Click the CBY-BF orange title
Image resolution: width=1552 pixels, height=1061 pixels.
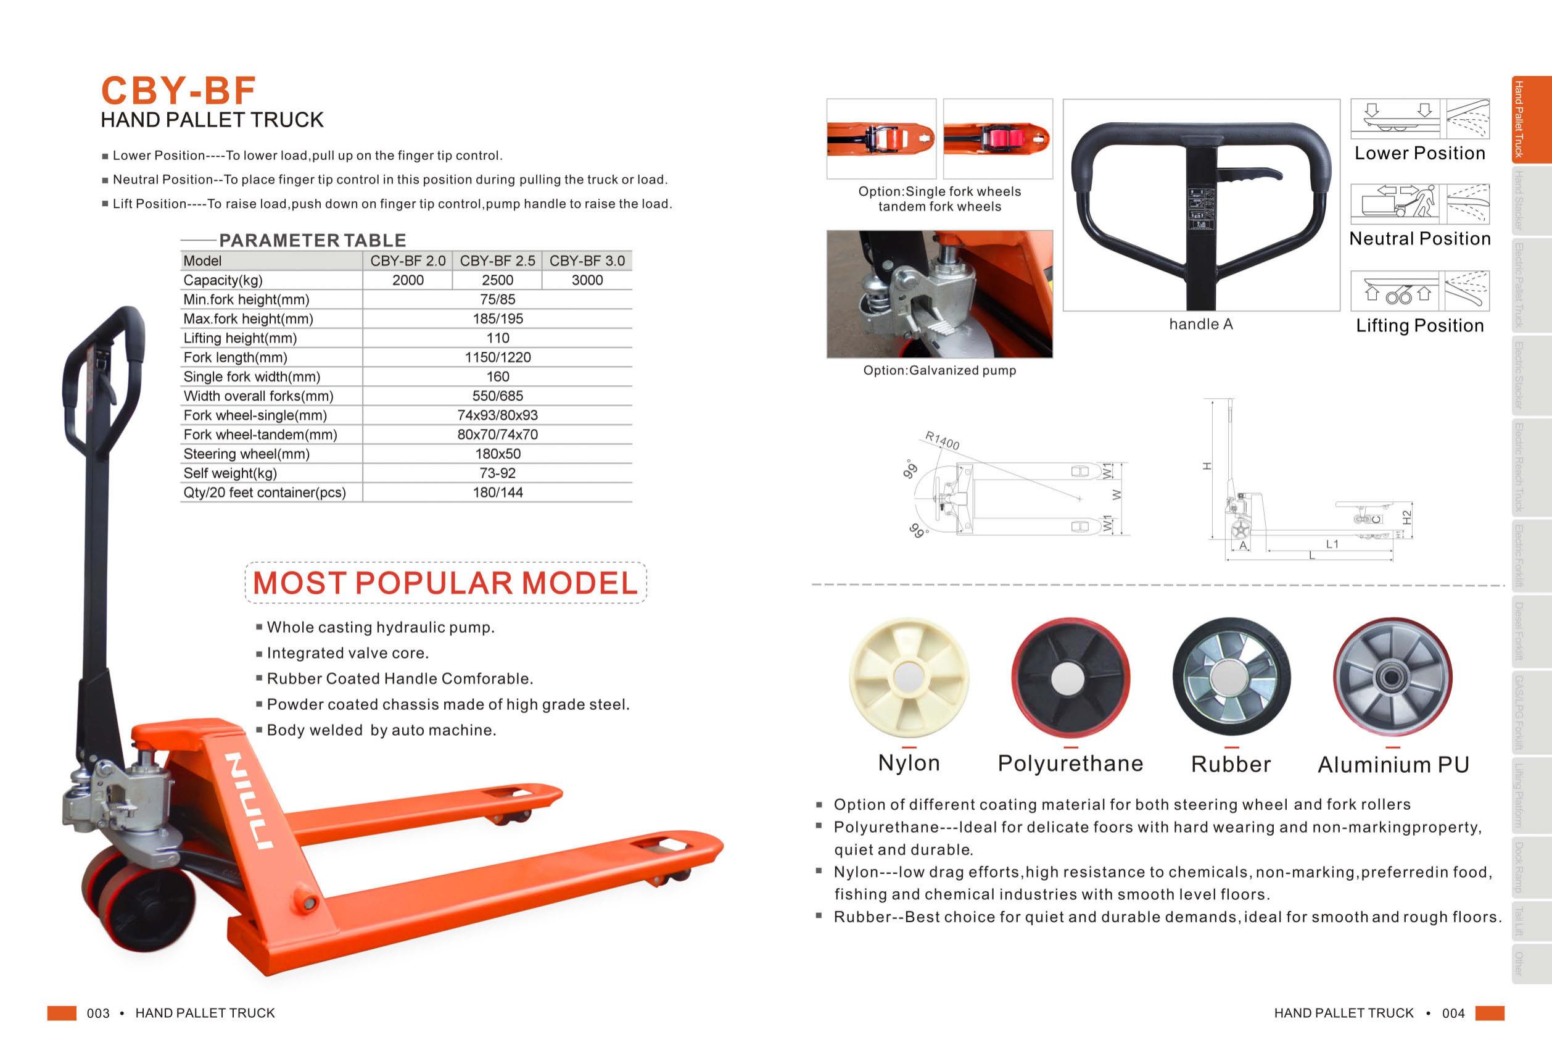[178, 90]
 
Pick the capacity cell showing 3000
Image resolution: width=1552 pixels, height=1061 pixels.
[587, 280]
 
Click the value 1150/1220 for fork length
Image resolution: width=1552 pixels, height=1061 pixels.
[498, 357]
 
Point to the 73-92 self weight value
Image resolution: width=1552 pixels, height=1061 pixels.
[498, 473]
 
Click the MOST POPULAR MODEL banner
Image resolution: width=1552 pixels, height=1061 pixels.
[445, 583]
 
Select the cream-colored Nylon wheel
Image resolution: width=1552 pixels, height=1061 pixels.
[908, 677]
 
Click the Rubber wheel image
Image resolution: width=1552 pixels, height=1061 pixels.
[1231, 677]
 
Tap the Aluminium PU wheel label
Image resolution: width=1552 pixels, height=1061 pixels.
[1393, 764]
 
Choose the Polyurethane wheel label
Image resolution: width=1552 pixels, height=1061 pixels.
[1070, 763]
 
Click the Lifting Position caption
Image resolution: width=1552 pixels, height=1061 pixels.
[1420, 325]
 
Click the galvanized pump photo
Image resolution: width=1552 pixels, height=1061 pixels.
[939, 294]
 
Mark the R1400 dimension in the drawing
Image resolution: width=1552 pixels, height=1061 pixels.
[943, 440]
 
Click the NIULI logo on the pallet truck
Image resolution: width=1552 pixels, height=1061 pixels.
[249, 801]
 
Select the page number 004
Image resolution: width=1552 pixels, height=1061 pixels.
[1453, 1013]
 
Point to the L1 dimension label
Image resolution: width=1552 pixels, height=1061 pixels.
[1332, 544]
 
